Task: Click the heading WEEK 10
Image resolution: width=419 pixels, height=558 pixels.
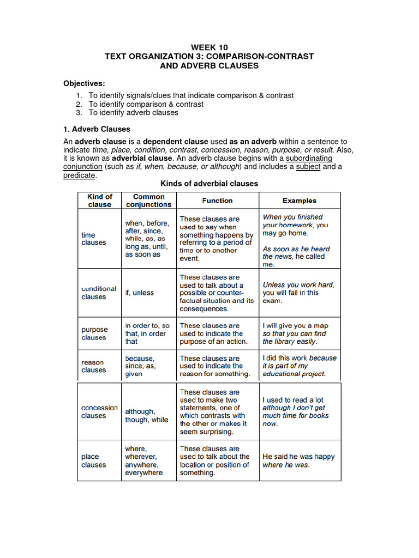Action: pyautogui.click(x=209, y=47)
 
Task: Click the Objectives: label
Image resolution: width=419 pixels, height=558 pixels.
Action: pyautogui.click(x=85, y=83)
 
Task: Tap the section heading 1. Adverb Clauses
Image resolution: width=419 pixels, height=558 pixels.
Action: pyautogui.click(x=97, y=129)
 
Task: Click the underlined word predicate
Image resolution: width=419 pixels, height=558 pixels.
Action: pyautogui.click(x=80, y=175)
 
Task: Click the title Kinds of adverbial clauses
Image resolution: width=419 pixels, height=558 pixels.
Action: pyautogui.click(x=209, y=184)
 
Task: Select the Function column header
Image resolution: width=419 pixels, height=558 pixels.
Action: pyautogui.click(x=217, y=201)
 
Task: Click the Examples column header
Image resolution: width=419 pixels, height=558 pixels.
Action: pyautogui.click(x=299, y=201)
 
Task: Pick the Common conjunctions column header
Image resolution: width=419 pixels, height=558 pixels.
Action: pyautogui.click(x=148, y=201)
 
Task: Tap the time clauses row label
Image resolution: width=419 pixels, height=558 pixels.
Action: pyautogui.click(x=93, y=239)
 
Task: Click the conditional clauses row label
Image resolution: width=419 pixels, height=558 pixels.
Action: pyautogui.click(x=99, y=293)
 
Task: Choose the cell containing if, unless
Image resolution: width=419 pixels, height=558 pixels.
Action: pyautogui.click(x=140, y=293)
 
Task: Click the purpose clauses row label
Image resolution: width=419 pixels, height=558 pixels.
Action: pyautogui.click(x=95, y=333)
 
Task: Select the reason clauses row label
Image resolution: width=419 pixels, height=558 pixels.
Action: pyautogui.click(x=93, y=366)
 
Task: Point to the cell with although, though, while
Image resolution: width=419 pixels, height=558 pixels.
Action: pyautogui.click(x=147, y=416)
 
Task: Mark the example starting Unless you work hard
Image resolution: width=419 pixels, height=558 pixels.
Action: pyautogui.click(x=298, y=293)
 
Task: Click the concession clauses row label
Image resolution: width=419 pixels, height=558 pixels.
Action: pyautogui.click(x=99, y=411)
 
